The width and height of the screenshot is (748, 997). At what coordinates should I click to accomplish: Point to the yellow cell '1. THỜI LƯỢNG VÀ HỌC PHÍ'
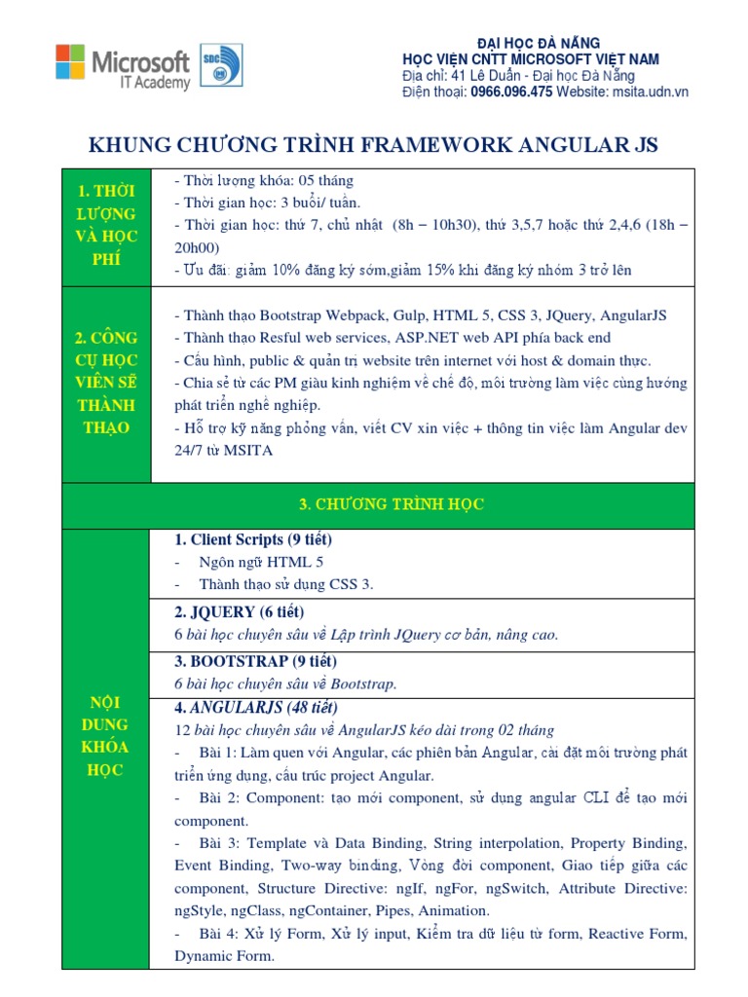[x=106, y=225]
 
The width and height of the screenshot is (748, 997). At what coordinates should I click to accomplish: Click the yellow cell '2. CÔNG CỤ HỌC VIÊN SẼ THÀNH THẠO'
[x=106, y=383]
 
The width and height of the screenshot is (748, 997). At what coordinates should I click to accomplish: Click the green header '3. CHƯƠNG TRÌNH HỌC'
[x=391, y=504]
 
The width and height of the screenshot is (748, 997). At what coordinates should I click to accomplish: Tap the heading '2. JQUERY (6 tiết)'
[x=239, y=611]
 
